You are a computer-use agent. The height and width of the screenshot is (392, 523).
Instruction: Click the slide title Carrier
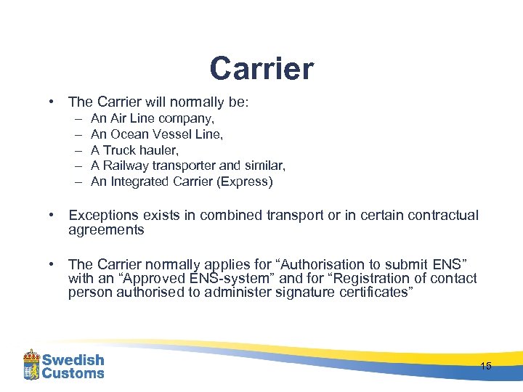(x=261, y=69)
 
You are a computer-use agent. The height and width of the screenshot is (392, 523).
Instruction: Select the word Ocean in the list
(x=128, y=134)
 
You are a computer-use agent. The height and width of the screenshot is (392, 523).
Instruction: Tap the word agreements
(x=106, y=230)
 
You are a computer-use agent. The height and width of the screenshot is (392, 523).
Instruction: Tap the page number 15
(x=486, y=366)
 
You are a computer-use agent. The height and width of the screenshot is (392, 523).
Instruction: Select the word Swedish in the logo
(x=73, y=359)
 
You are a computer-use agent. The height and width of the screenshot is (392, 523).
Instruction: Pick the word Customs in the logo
(x=73, y=373)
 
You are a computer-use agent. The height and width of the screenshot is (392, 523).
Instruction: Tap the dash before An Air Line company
(x=78, y=118)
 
